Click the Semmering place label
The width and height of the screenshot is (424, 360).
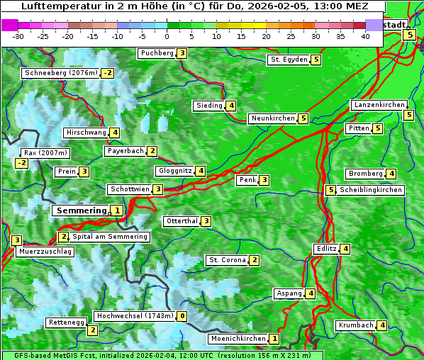click(x=81, y=210)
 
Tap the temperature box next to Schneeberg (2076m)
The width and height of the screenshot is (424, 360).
click(x=108, y=73)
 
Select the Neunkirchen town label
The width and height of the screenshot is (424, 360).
click(x=273, y=118)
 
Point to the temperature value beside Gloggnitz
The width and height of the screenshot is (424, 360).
click(x=201, y=171)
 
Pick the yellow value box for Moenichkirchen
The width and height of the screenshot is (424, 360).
click(x=274, y=339)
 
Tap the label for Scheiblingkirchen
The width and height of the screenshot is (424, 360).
click(x=371, y=190)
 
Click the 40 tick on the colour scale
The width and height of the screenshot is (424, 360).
click(x=365, y=35)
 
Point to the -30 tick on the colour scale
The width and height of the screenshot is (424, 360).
click(x=18, y=35)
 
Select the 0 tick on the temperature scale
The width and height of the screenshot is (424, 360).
click(x=167, y=35)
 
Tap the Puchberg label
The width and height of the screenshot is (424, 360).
click(x=157, y=53)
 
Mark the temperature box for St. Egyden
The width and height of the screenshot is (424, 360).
click(x=316, y=60)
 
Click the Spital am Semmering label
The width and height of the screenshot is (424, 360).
click(x=110, y=237)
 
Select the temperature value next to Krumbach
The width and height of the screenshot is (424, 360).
click(x=382, y=325)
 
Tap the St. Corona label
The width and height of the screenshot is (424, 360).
click(x=227, y=260)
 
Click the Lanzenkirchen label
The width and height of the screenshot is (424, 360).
click(x=379, y=105)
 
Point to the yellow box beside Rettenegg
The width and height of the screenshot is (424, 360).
click(x=91, y=330)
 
